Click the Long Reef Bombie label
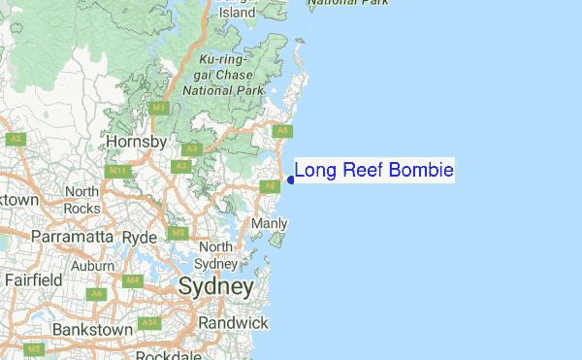pos(373,171)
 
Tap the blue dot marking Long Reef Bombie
pos(291,180)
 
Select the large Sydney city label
pos(215,288)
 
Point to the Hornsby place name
pos(137,142)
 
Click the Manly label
pos(270,224)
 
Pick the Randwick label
pos(233,322)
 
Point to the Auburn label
pos(93,265)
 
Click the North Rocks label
pos(82,200)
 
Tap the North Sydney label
pos(215,255)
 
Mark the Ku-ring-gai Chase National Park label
pos(224,75)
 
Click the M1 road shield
pos(160,108)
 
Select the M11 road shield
pos(119,172)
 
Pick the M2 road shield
pos(178,233)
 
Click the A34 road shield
pos(148,322)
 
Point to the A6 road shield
pos(95,293)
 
